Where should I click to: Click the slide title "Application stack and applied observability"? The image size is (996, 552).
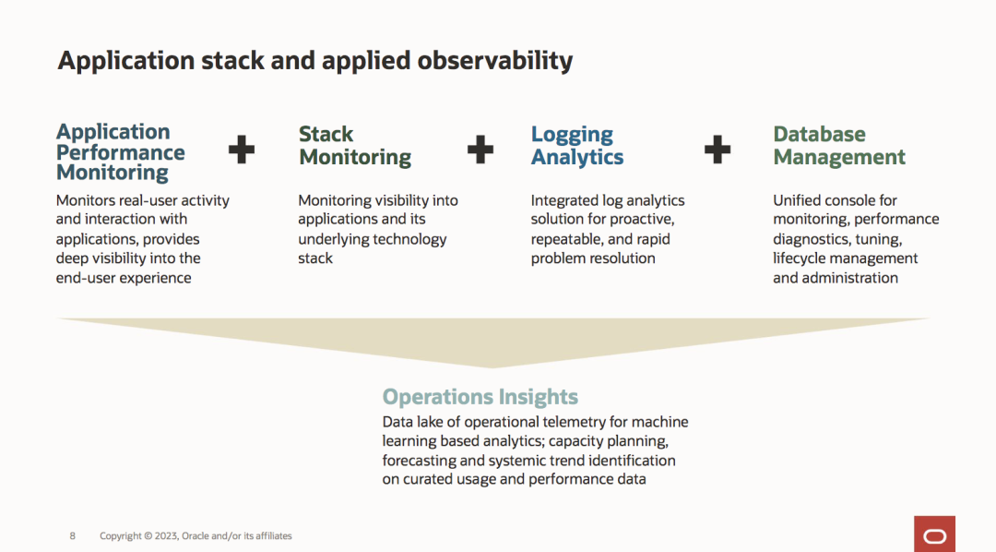[315, 61]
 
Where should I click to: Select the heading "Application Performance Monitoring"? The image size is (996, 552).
[121, 152]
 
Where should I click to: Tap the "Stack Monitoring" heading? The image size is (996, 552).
[355, 146]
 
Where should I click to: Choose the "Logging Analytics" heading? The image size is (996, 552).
[577, 146]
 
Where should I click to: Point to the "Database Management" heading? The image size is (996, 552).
[839, 146]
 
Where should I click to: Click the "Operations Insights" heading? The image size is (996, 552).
[480, 397]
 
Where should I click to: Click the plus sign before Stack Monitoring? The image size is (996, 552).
[242, 149]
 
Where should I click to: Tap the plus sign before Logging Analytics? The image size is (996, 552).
[480, 149]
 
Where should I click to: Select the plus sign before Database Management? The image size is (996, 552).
[717, 149]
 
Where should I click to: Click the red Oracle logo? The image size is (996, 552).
[934, 534]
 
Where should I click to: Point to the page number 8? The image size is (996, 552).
[73, 535]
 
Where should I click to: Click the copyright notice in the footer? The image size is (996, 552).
[196, 535]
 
